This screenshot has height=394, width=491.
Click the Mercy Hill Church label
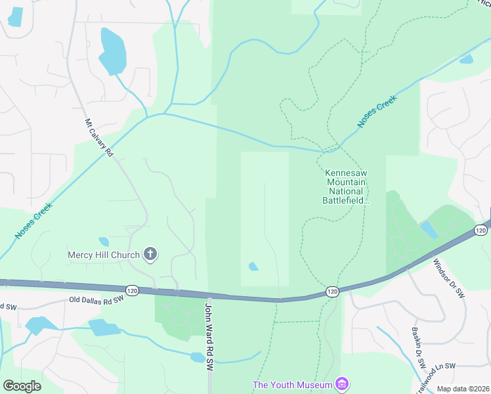pos(104,255)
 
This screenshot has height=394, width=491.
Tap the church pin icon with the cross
pos(150,254)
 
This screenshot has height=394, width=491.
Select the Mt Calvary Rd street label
pos(98,137)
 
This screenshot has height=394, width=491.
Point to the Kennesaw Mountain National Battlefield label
pos(347,186)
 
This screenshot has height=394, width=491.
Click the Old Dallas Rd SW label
pos(96,300)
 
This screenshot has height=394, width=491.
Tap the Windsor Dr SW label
pos(448,278)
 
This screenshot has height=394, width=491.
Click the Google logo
pos(22,386)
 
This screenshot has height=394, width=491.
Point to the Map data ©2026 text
pos(463,389)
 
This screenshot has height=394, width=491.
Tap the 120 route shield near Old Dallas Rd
pos(132,290)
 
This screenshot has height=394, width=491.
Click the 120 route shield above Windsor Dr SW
pos(480,230)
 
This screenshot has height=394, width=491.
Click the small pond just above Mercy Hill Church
pos(104,242)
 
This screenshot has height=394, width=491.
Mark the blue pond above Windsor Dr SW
pos(428,229)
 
